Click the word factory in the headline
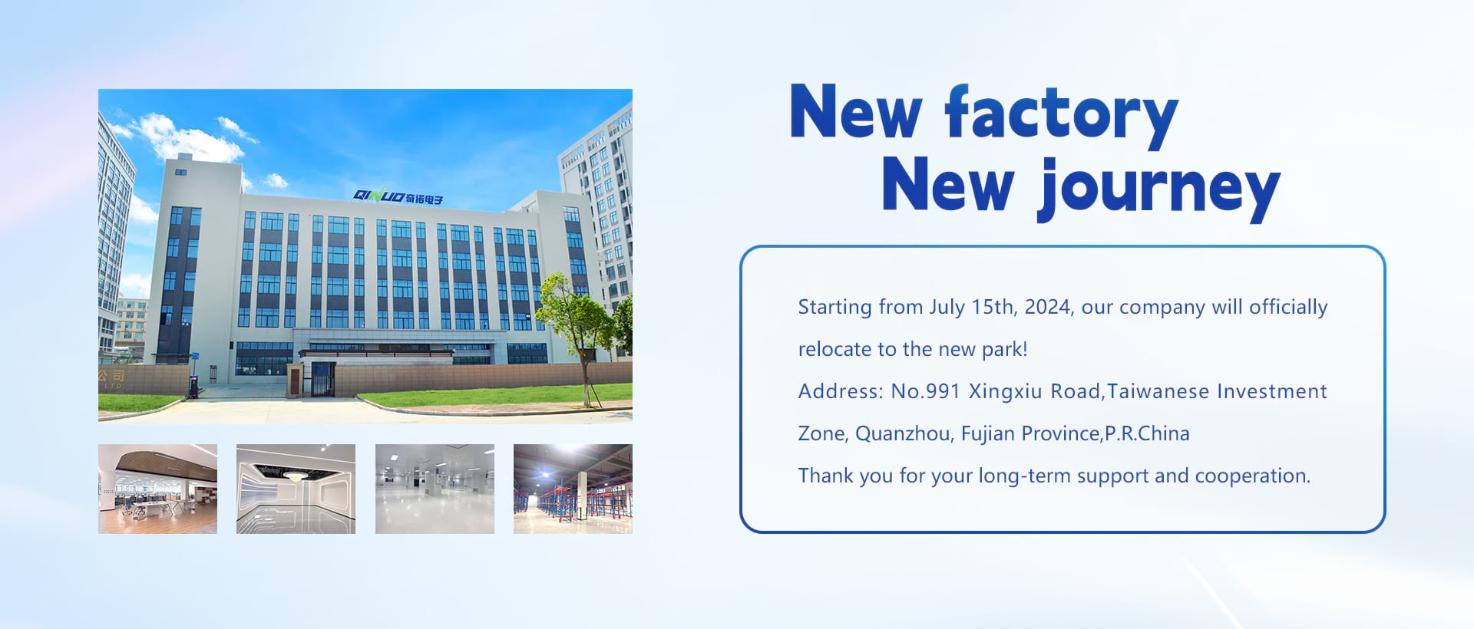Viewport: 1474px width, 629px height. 1061,116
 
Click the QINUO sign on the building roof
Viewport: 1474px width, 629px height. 398,197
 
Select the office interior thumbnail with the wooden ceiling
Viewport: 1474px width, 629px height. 157,489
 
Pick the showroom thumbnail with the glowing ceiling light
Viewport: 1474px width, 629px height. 296,489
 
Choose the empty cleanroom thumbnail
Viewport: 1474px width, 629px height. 435,489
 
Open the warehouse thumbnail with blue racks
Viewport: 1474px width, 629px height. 573,489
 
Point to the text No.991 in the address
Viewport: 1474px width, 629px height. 926,391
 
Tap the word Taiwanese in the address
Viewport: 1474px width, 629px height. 1158,391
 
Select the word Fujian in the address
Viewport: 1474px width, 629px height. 988,434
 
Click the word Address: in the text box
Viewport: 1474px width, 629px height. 841,391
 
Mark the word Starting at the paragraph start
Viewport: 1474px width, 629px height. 835,308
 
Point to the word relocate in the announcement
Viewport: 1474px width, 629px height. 835,349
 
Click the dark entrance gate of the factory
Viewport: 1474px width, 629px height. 322,379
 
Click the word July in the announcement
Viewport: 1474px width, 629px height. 947,308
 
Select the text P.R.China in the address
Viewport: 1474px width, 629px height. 1147,434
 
